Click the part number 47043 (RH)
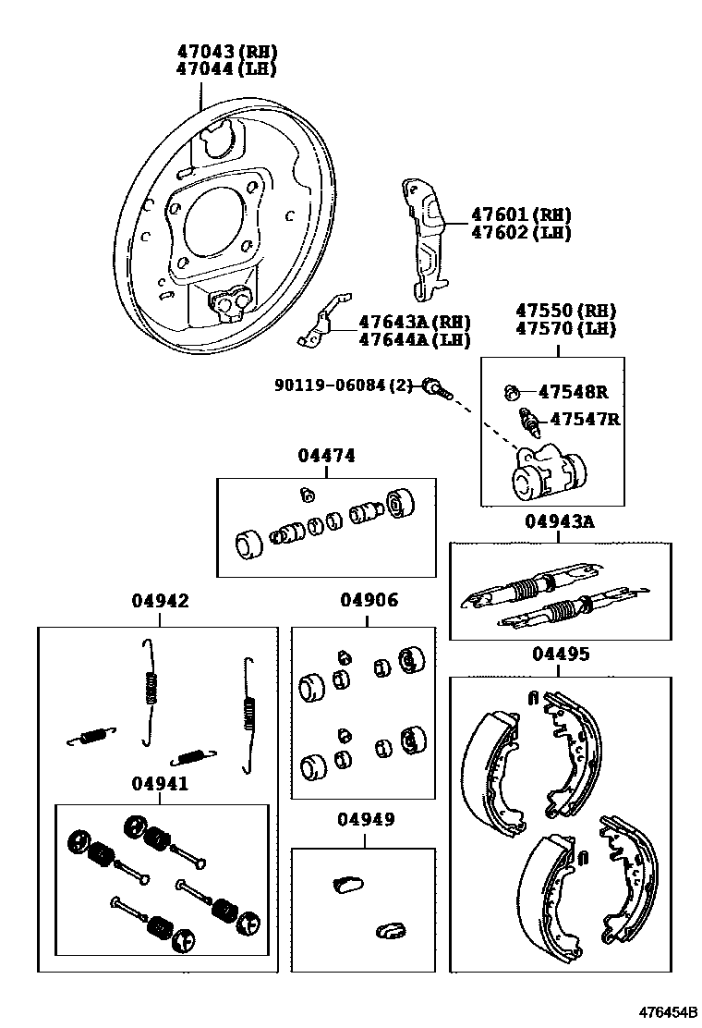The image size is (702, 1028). [226, 52]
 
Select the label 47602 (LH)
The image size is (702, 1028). [521, 233]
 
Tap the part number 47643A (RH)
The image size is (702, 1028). [414, 323]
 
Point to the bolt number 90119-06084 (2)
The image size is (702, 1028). [345, 385]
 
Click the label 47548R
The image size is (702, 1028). [575, 391]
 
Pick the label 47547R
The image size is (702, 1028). [585, 419]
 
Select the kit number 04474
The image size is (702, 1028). [326, 456]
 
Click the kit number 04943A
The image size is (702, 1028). [560, 521]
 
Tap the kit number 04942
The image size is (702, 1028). [159, 601]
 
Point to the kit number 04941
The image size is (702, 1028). [159, 784]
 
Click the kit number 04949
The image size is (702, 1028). [365, 819]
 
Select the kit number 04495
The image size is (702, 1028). [560, 655]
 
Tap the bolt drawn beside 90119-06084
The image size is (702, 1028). [437, 387]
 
